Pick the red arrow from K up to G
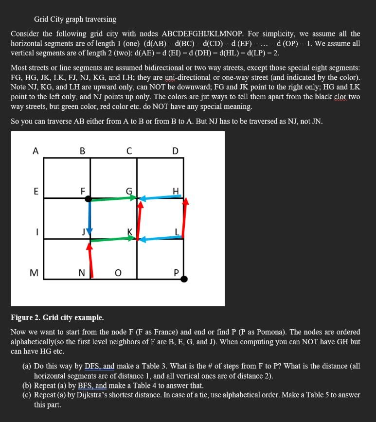(x=140, y=220)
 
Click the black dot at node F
(x=88, y=198)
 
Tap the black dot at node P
(x=184, y=279)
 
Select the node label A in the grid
(x=35, y=151)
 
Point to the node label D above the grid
(x=175, y=151)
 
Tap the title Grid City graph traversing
(x=75, y=19)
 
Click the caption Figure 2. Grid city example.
(x=57, y=317)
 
